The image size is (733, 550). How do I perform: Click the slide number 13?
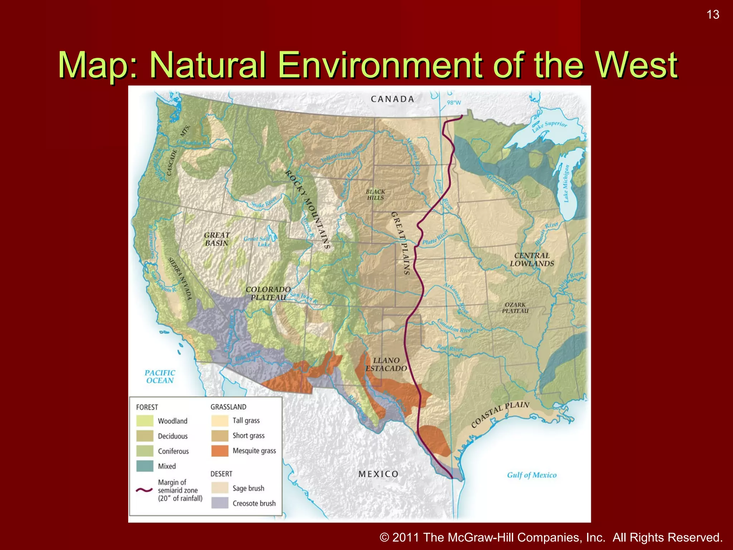(x=713, y=15)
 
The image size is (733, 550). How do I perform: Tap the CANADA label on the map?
(x=392, y=99)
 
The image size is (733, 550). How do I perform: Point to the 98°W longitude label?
(x=454, y=103)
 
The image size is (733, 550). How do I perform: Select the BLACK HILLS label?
(x=375, y=195)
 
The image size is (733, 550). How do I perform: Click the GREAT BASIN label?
(x=217, y=239)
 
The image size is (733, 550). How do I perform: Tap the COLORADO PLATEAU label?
(x=268, y=293)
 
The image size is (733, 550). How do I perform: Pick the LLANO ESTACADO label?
(x=386, y=365)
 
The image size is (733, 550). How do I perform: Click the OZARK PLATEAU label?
(x=515, y=308)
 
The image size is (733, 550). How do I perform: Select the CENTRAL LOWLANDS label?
(x=532, y=260)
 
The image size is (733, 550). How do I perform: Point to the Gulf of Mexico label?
(x=531, y=475)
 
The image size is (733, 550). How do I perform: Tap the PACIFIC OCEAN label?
(x=160, y=377)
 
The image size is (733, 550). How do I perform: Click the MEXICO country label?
(x=378, y=474)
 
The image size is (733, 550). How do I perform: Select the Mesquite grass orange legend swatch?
(x=220, y=451)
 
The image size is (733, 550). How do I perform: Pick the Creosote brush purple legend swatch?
(x=220, y=503)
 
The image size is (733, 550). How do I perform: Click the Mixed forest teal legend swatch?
(x=145, y=466)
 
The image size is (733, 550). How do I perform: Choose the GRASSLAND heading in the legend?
(x=228, y=407)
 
